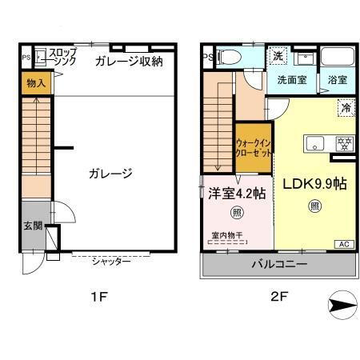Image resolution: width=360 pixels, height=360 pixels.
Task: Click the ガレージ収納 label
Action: tap(128, 61)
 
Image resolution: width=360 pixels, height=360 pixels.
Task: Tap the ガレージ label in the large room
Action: tap(110, 173)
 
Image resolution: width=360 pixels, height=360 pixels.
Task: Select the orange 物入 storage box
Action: tap(35, 83)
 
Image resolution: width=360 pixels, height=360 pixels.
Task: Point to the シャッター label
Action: tap(111, 262)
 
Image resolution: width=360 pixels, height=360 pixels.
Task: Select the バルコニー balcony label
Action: tap(278, 263)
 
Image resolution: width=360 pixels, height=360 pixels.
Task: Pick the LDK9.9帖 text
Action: tap(314, 183)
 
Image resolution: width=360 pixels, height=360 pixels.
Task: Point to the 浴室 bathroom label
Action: tap(337, 80)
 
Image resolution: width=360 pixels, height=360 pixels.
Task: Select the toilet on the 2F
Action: tap(230, 57)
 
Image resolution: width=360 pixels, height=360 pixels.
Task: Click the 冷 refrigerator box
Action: tap(346, 107)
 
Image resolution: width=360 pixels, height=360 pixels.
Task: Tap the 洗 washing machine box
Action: tap(278, 57)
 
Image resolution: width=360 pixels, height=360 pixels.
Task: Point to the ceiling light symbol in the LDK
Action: tap(314, 206)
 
